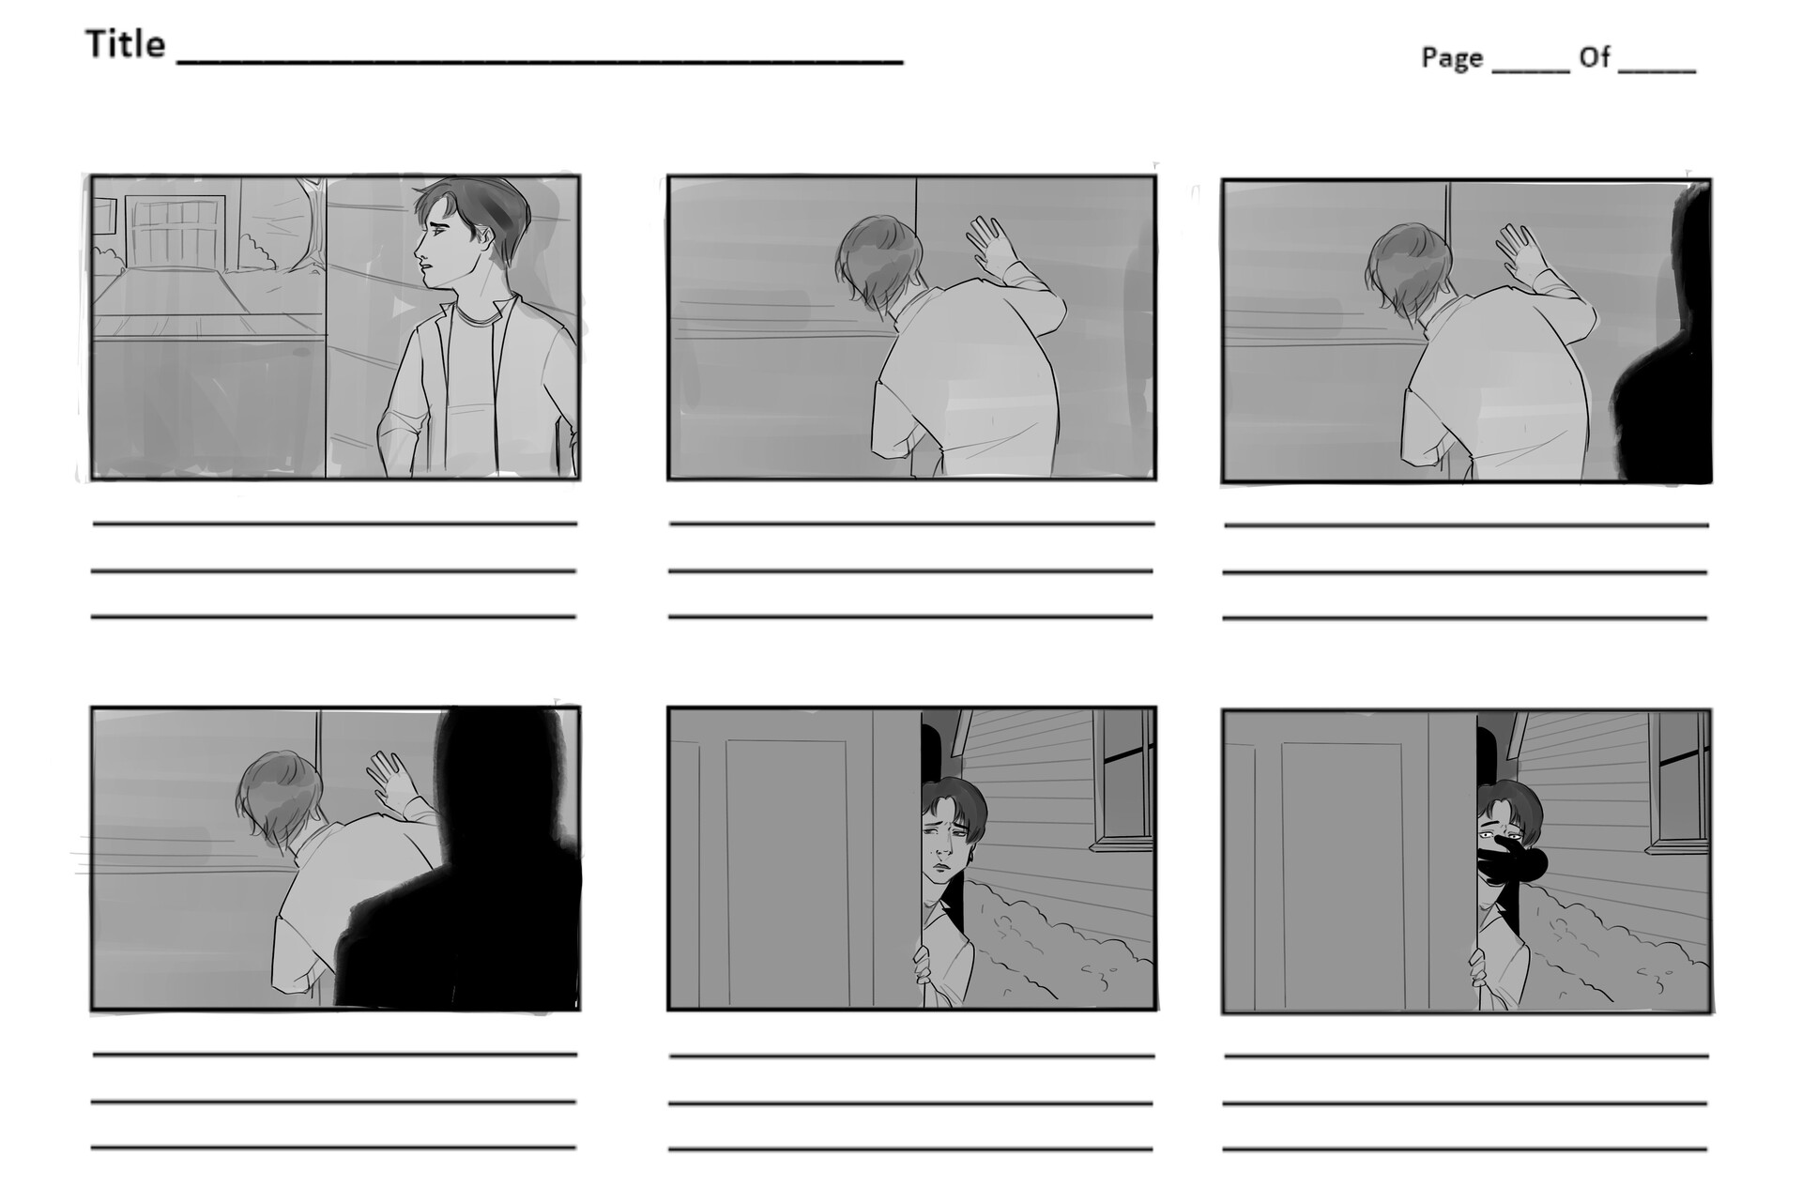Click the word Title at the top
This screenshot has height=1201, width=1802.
tap(126, 44)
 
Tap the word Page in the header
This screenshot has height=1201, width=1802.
tap(1452, 58)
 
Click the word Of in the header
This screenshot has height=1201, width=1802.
tap(1595, 58)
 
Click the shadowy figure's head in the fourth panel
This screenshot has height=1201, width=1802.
tap(497, 769)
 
